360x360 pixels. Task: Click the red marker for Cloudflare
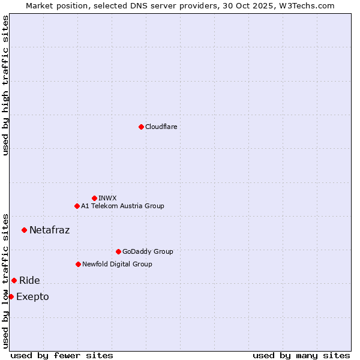(x=141, y=127)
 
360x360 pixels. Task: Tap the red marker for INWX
(x=94, y=198)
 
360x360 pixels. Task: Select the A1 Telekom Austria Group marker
(x=77, y=206)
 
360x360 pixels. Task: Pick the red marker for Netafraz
(x=24, y=230)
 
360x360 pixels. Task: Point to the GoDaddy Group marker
(x=118, y=251)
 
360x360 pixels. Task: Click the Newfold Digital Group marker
(x=78, y=264)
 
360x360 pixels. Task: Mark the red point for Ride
(x=14, y=280)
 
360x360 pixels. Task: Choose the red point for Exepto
(x=11, y=296)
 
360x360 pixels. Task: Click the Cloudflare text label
(x=161, y=127)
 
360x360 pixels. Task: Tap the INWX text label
(x=107, y=198)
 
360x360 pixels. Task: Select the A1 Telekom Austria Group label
(x=122, y=206)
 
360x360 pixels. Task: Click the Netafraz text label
(x=49, y=230)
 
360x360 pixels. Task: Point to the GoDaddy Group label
(x=148, y=251)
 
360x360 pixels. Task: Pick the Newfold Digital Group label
(x=117, y=264)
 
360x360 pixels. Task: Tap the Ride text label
(x=29, y=280)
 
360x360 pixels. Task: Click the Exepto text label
(x=32, y=296)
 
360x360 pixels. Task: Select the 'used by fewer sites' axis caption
(x=62, y=355)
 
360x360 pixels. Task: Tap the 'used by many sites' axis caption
(x=301, y=355)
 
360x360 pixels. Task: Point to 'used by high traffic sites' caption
(x=5, y=85)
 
